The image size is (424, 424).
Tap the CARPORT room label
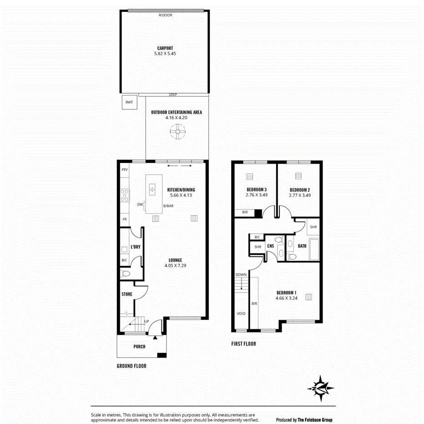(165, 48)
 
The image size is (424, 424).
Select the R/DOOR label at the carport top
(165, 15)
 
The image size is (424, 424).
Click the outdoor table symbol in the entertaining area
(177, 132)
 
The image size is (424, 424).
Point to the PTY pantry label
(125, 170)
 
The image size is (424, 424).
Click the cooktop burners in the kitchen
(124, 196)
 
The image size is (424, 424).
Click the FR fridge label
(124, 219)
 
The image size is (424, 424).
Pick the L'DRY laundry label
(135, 247)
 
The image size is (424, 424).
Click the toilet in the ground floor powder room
(125, 274)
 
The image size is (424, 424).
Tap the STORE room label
(127, 294)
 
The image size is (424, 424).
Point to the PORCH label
(139, 347)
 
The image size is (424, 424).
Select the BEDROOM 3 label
(257, 190)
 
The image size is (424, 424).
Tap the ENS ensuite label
(270, 246)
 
